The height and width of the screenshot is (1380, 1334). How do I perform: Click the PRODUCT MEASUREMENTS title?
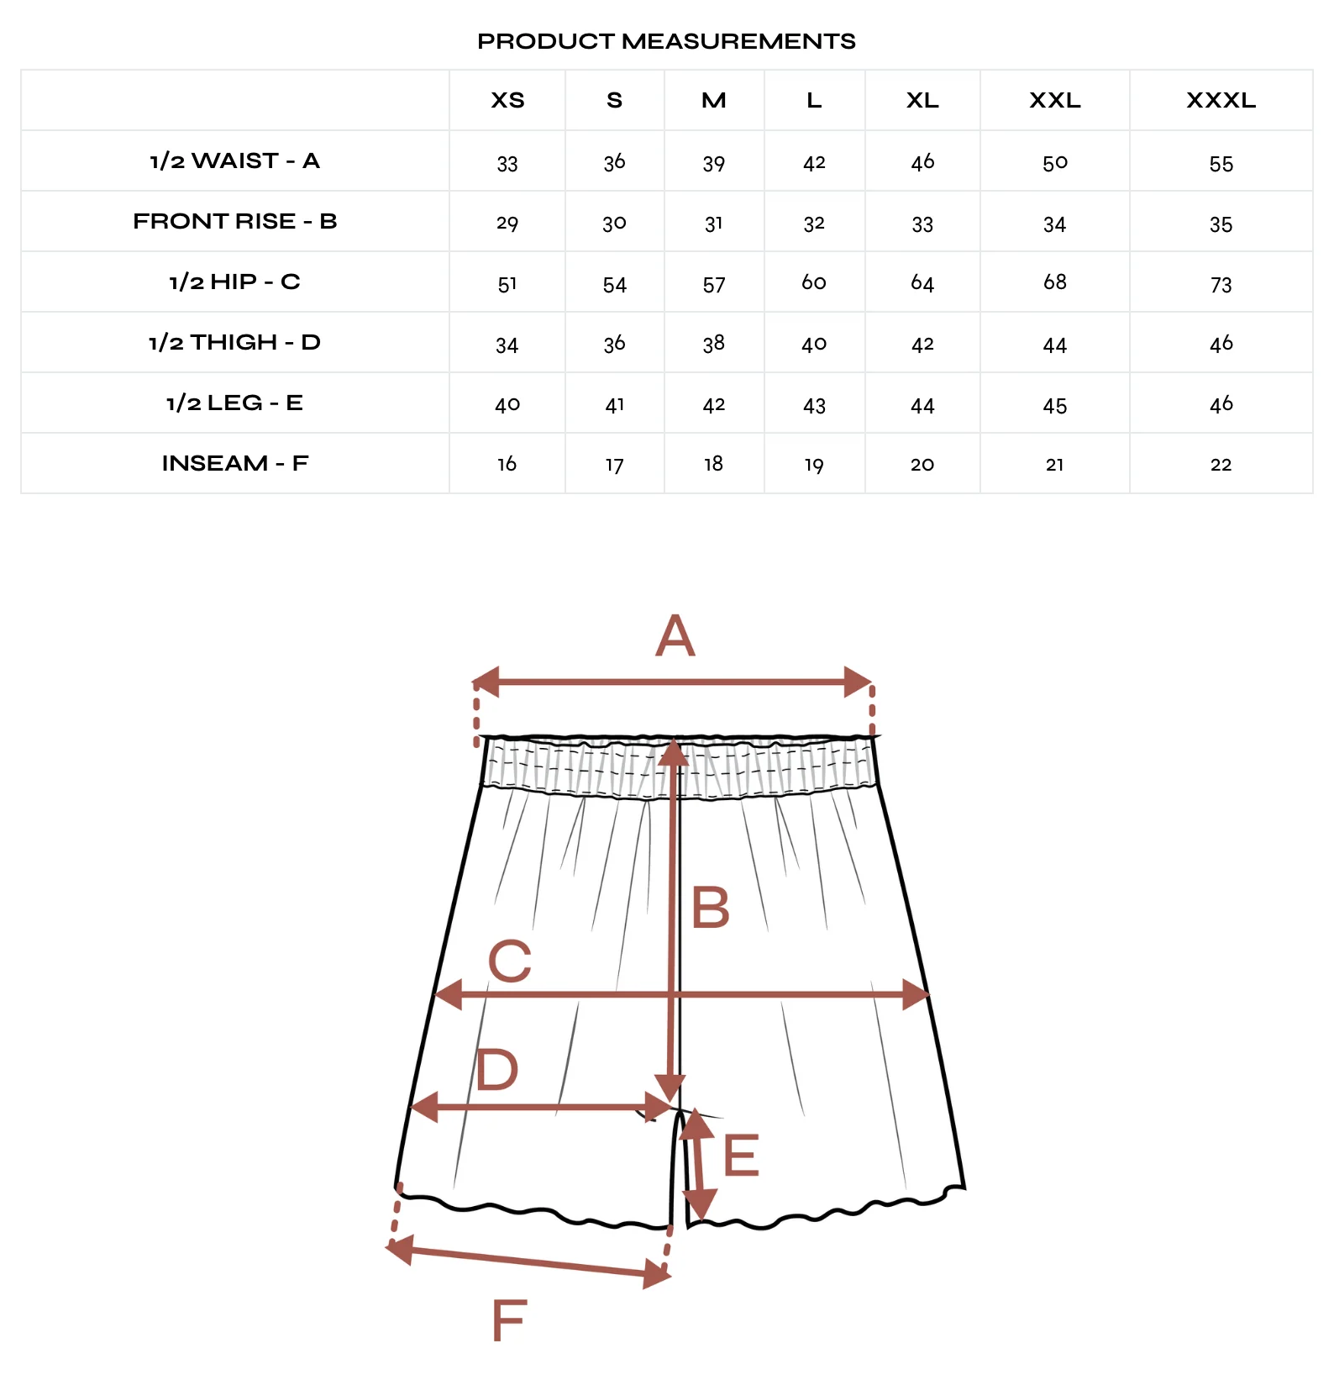[666, 41]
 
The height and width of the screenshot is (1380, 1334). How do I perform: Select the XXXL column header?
[1221, 101]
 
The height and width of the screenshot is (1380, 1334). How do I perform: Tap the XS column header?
[507, 101]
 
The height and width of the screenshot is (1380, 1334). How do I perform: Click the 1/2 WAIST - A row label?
[234, 161]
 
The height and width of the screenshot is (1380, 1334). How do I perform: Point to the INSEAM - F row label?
[234, 463]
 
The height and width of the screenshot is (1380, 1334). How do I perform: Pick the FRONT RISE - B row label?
[234, 221]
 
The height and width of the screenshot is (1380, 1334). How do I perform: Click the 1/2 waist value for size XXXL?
[1221, 164]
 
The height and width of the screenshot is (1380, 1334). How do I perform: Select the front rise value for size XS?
[507, 224]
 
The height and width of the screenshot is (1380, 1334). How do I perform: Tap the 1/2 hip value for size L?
[814, 282]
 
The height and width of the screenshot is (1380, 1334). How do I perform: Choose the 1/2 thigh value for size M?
[714, 344]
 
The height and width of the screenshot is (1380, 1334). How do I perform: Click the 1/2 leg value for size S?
[615, 405]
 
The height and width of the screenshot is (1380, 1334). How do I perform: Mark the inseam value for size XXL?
[1055, 465]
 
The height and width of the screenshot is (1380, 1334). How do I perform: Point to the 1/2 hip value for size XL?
[922, 283]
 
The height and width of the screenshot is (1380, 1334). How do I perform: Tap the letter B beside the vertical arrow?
[711, 908]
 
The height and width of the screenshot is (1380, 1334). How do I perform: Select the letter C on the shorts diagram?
[510, 961]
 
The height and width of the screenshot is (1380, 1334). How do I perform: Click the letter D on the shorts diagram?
[496, 1070]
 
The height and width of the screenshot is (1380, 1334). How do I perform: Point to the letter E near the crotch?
[741, 1156]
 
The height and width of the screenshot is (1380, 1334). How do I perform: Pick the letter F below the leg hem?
[509, 1320]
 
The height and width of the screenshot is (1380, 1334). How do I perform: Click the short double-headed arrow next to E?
[697, 1165]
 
